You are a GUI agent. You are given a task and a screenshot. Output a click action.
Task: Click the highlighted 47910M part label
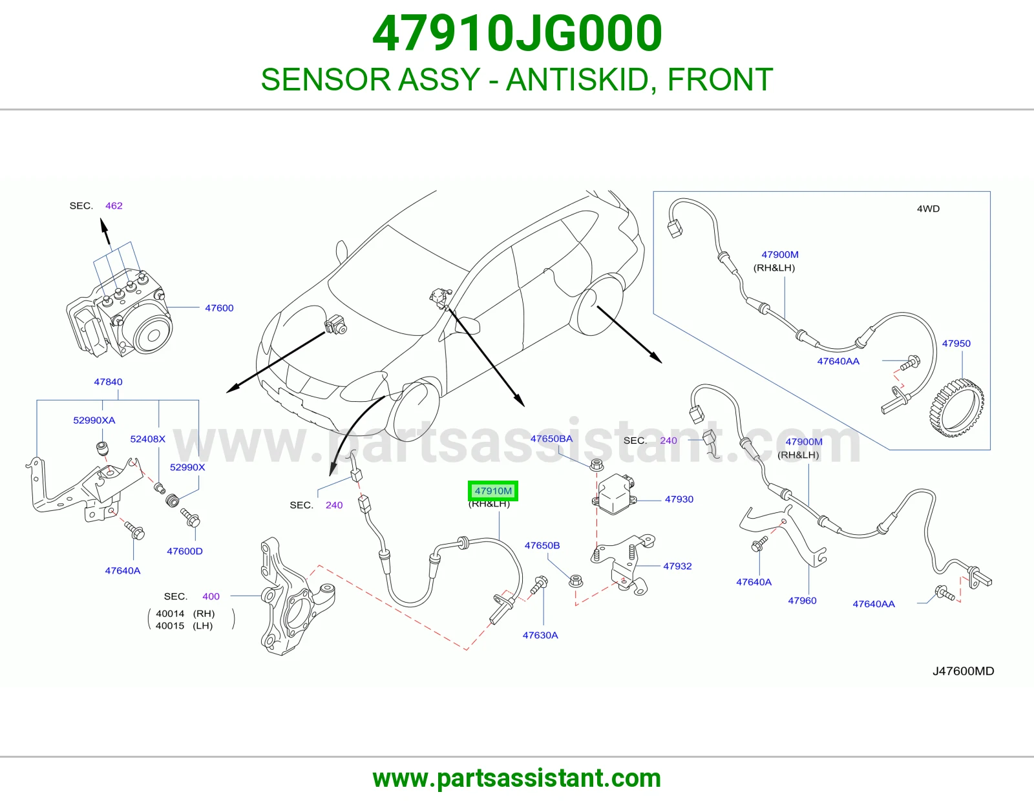tap(493, 490)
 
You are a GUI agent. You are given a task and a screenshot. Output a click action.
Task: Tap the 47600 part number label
tap(219, 307)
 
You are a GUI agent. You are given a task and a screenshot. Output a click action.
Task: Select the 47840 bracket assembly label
tap(108, 382)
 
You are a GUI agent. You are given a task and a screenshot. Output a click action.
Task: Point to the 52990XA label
tap(94, 420)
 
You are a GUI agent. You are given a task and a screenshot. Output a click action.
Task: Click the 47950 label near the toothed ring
tap(956, 344)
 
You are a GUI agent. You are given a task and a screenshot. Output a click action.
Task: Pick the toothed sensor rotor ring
tap(956, 408)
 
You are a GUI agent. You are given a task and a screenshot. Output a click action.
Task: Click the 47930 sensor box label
tap(679, 499)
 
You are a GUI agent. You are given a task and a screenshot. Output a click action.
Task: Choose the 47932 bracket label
tap(677, 566)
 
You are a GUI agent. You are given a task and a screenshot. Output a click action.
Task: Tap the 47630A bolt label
tap(540, 635)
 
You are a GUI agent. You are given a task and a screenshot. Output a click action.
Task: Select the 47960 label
tap(802, 600)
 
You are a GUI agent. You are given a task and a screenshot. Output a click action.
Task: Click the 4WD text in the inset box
tap(928, 209)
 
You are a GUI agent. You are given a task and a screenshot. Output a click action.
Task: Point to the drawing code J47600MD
tap(963, 671)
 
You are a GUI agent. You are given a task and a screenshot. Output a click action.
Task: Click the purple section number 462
tap(114, 205)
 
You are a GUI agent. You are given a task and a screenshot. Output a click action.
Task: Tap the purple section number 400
tap(211, 596)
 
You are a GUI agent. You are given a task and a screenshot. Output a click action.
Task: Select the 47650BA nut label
tap(551, 439)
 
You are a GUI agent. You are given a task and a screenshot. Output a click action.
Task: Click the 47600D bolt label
tap(185, 551)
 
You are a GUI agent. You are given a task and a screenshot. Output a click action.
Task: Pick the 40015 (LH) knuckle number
tap(184, 625)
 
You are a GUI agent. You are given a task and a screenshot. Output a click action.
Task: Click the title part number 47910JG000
tap(517, 33)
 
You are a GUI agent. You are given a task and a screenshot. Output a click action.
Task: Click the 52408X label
tap(147, 439)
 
